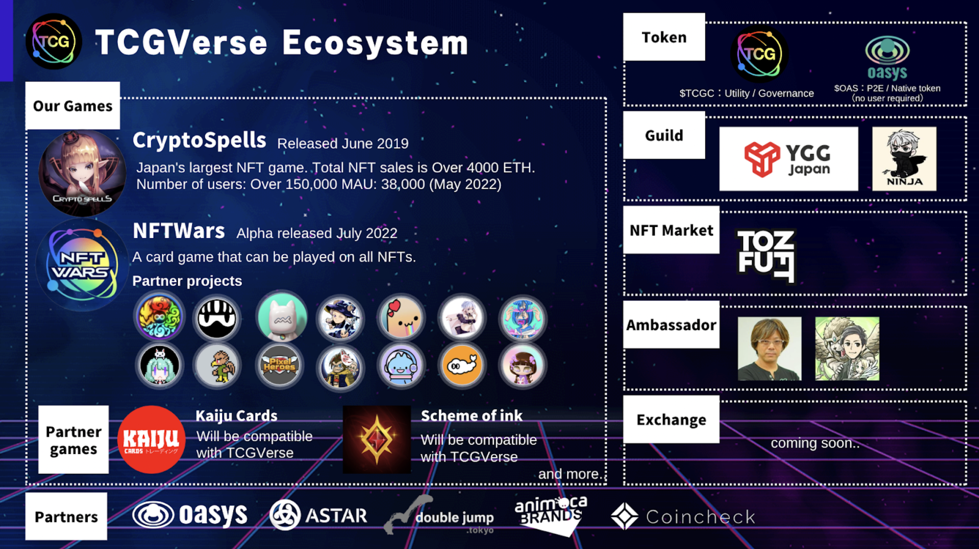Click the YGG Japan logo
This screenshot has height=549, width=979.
coord(789,159)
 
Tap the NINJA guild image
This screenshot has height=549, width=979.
coord(904,159)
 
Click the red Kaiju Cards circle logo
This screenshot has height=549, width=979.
coord(151,440)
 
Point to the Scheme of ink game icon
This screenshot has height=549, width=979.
coord(377,440)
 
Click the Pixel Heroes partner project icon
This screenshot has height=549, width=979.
coord(279,366)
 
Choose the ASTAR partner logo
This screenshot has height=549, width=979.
coord(319,515)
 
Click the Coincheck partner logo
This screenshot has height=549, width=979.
coord(683,516)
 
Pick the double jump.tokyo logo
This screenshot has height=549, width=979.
coord(439,516)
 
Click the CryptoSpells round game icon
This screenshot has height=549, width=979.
coord(82,173)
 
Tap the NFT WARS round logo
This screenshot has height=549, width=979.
coord(82,265)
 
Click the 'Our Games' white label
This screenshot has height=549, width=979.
coord(73,106)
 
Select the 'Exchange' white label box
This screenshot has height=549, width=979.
coord(671,420)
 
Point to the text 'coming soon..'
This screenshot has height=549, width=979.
coord(815,443)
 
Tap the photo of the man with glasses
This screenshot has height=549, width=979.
coord(770,349)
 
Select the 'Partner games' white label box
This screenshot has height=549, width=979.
coord(73,440)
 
